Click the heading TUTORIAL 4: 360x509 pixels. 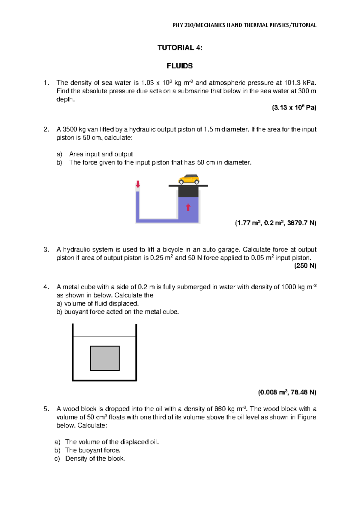180,47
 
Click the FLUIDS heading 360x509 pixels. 180,66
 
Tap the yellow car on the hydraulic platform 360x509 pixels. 189,179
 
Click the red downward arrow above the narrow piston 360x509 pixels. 138,184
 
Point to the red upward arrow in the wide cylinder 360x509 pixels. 188,207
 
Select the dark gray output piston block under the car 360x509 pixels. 188,192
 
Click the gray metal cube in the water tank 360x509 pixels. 105,358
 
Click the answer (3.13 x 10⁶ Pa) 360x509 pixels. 294,107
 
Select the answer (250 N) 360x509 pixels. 305,266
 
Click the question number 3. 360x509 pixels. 46,249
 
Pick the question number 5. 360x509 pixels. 46,409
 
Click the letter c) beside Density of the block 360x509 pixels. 57,459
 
